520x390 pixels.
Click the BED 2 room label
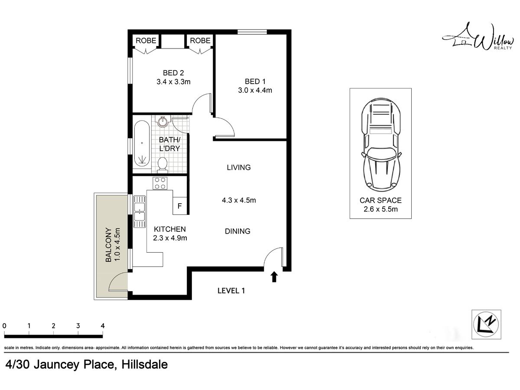[x=173, y=73]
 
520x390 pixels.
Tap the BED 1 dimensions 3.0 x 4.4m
[x=255, y=90]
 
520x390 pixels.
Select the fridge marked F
[x=180, y=206]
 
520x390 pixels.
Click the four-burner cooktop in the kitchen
[x=160, y=183]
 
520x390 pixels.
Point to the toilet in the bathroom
[x=162, y=164]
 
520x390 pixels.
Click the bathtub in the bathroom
[x=142, y=143]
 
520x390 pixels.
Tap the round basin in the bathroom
[x=163, y=121]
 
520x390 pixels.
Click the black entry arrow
[x=274, y=276]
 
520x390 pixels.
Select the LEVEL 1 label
[x=231, y=291]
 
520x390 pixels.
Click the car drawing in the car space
[x=381, y=145]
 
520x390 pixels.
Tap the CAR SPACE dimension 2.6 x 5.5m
[x=381, y=209]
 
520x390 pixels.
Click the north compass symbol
[x=486, y=325]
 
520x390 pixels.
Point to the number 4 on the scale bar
[x=103, y=326]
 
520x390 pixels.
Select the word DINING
[x=237, y=231]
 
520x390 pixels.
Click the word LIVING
[x=239, y=167]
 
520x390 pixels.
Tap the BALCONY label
[x=108, y=245]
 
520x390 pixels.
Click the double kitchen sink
[x=140, y=212]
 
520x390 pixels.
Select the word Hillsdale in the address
[x=144, y=364]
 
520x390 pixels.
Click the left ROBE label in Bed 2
[x=146, y=40]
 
